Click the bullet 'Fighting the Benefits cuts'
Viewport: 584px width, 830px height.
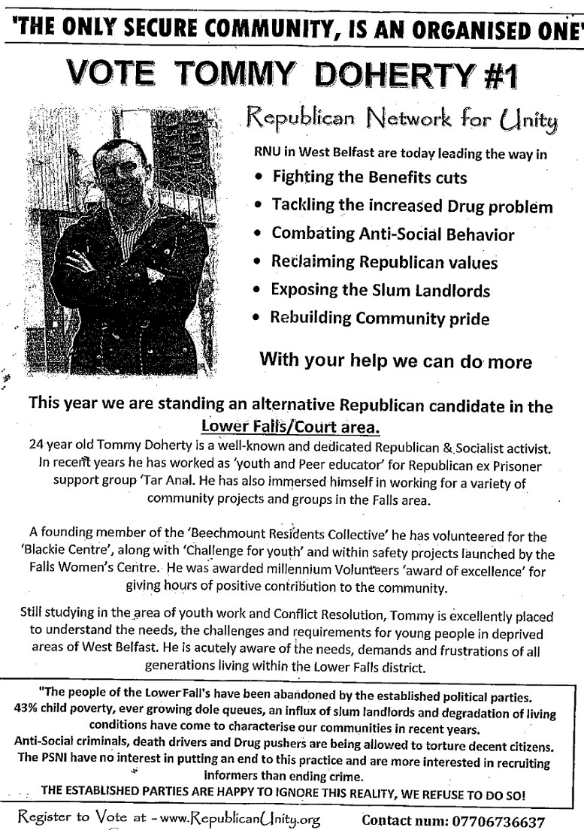pos(369,177)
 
